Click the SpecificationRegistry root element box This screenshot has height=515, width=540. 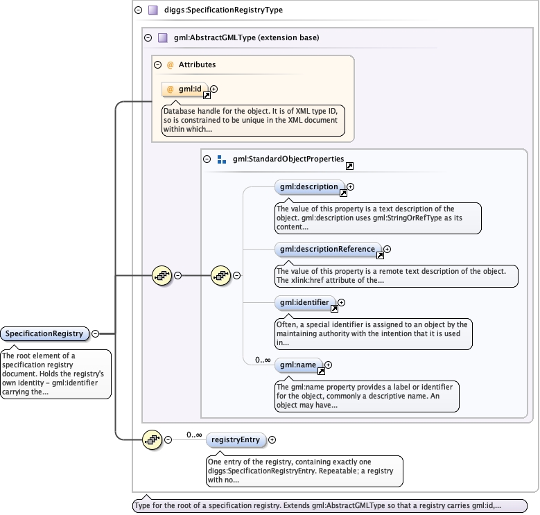[44, 333]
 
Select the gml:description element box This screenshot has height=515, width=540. [309, 187]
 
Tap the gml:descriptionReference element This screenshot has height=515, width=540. [328, 250]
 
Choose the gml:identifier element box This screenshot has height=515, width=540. [305, 303]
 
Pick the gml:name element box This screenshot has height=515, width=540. [298, 365]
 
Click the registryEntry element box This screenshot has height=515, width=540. [236, 440]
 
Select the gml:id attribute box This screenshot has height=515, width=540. [185, 89]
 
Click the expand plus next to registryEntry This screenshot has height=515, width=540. [272, 440]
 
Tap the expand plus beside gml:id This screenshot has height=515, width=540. [214, 89]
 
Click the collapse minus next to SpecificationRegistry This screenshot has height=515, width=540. [96, 333]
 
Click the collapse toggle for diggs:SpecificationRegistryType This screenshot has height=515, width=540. [139, 10]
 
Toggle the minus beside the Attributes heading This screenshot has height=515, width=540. [158, 64]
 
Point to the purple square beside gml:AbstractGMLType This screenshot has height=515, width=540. [162, 38]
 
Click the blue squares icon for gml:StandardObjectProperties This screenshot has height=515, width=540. [222, 159]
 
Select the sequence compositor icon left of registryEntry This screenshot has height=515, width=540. [152, 440]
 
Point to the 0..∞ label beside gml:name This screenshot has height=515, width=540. [263, 360]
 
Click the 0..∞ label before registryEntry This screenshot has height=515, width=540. [194, 435]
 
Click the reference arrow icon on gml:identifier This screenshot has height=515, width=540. [334, 309]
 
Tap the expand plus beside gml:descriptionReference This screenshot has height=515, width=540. [387, 250]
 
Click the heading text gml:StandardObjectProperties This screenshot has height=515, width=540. [288, 159]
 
